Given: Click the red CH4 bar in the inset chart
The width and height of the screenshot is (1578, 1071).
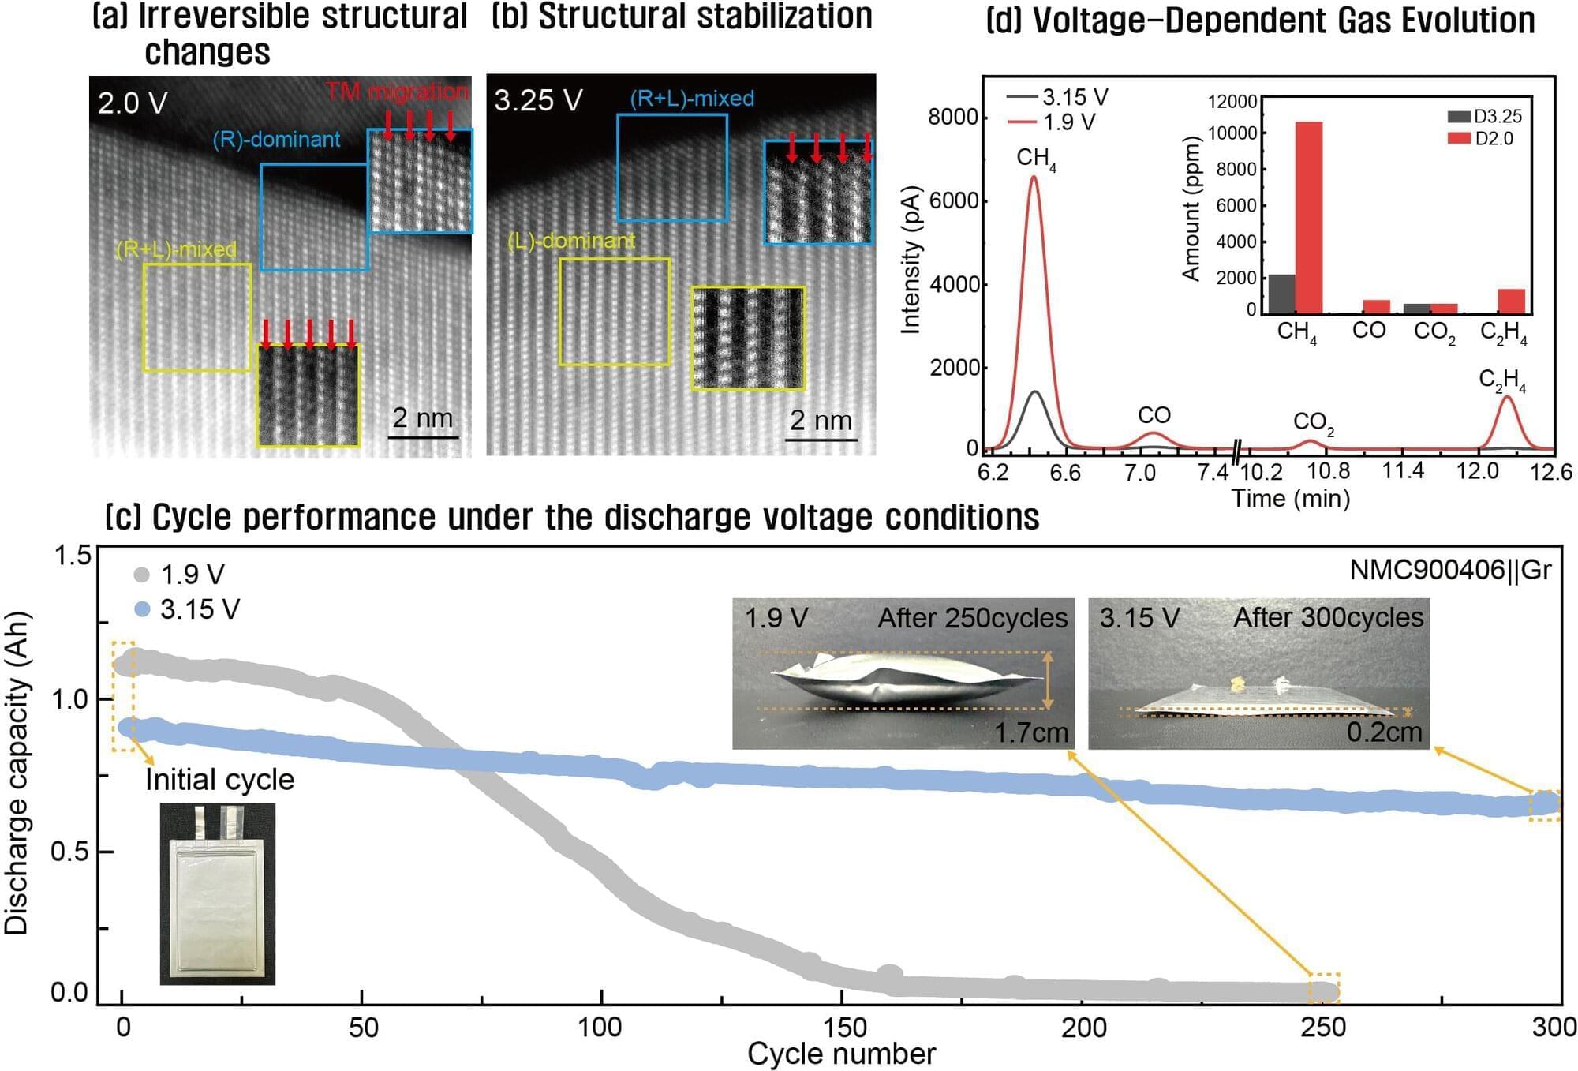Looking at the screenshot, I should pyautogui.click(x=1309, y=217).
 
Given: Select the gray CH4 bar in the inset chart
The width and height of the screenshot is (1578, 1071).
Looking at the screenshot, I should pyautogui.click(x=1281, y=294).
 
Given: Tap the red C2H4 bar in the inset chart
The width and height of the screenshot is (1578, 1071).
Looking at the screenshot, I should pyautogui.click(x=1511, y=301).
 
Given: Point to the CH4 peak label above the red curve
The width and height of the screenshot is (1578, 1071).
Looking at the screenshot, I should pyautogui.click(x=1035, y=159).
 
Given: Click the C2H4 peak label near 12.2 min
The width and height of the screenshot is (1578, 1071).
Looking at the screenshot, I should pyautogui.click(x=1501, y=380).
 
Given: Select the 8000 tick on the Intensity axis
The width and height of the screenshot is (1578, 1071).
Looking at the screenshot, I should pyautogui.click(x=952, y=117).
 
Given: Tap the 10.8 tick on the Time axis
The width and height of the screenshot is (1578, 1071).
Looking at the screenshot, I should pyautogui.click(x=1328, y=472).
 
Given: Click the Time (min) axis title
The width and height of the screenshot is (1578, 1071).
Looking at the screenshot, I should pyautogui.click(x=1290, y=499).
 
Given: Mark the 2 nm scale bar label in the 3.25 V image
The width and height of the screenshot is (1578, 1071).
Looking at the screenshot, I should pyautogui.click(x=821, y=421).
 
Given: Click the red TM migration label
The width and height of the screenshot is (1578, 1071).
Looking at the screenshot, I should pyautogui.click(x=396, y=92).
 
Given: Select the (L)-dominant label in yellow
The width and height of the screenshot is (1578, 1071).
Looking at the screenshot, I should pyautogui.click(x=571, y=241).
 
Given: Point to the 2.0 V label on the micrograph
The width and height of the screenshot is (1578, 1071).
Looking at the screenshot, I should pyautogui.click(x=133, y=103).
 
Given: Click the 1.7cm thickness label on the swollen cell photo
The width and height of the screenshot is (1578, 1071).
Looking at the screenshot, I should pyautogui.click(x=1030, y=733).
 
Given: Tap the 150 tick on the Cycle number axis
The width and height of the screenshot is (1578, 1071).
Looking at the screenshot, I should pyautogui.click(x=843, y=1028).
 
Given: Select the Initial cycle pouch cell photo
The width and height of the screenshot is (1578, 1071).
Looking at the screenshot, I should pyautogui.click(x=217, y=893).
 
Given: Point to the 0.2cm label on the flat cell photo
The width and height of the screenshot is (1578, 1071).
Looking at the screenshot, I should pyautogui.click(x=1384, y=732).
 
